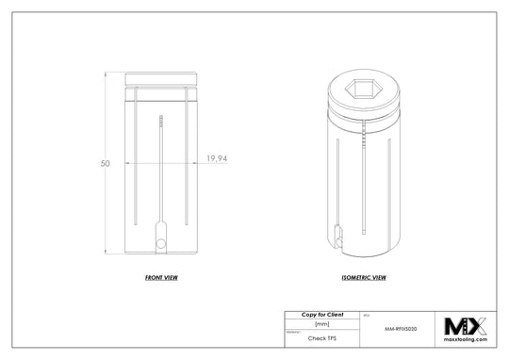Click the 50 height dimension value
click(105, 163)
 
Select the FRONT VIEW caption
click(162, 279)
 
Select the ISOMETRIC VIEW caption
click(363, 279)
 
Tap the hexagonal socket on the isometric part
click(363, 90)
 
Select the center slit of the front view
click(162, 179)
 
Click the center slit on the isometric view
click(363, 188)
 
